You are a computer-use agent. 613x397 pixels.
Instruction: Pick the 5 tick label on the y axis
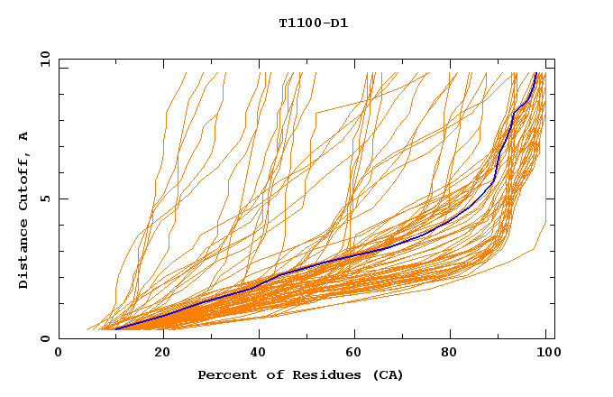(x=43, y=198)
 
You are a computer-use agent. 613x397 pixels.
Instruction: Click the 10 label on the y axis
(x=40, y=59)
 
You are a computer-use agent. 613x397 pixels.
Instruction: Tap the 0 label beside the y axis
(x=43, y=338)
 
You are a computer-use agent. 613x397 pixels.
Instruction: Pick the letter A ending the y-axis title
(x=24, y=135)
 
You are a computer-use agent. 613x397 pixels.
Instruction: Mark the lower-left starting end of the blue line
(x=115, y=328)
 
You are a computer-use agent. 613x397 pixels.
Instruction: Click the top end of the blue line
(x=535, y=73)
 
